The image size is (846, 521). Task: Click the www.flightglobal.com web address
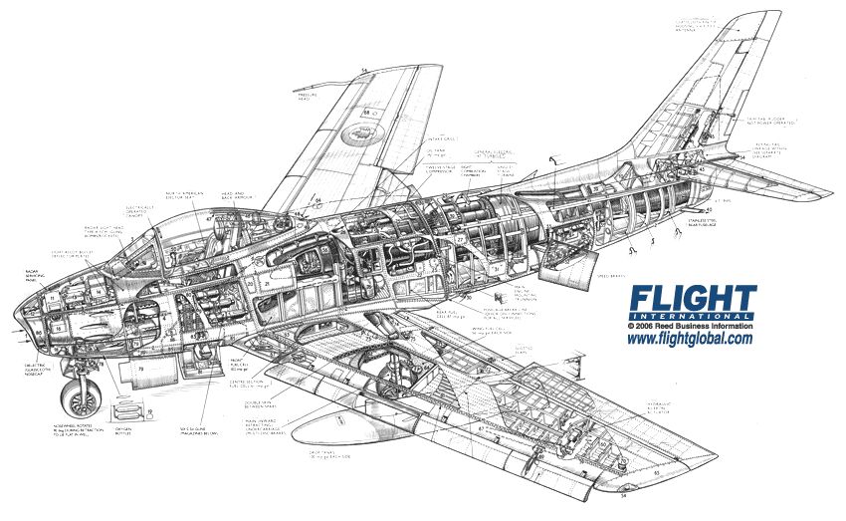[690, 340]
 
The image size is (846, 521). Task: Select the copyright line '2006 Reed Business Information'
[694, 326]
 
